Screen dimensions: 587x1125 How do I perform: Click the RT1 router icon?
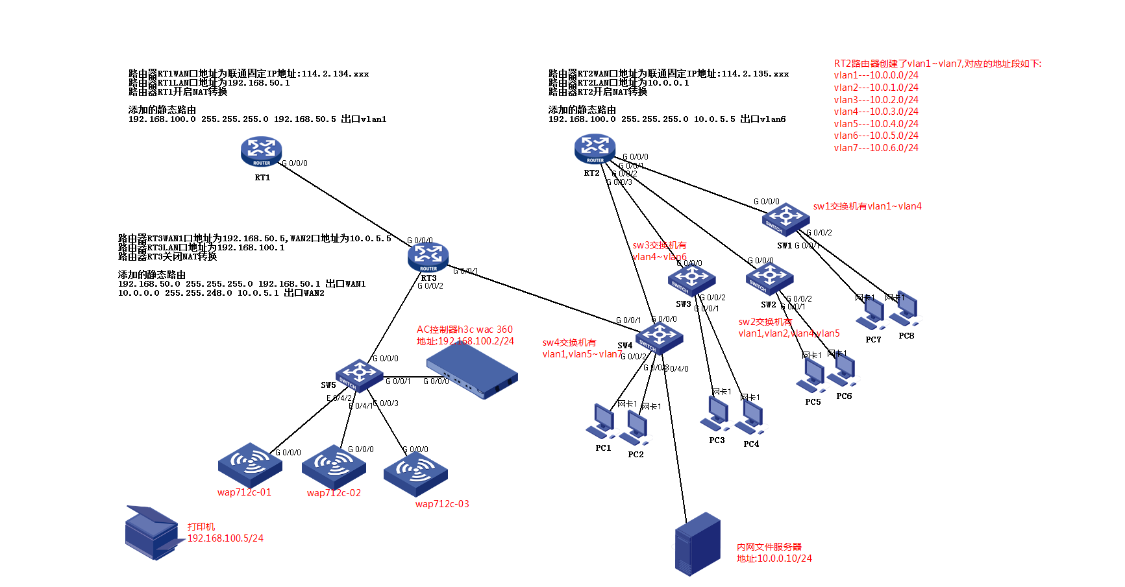[x=261, y=152]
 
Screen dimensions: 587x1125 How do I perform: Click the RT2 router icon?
[x=595, y=149]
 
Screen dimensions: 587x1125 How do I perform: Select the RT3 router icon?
[x=428, y=257]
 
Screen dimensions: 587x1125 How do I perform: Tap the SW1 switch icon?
[x=785, y=219]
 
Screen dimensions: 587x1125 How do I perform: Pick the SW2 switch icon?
[x=769, y=279]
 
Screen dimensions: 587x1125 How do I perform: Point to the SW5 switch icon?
[x=359, y=375]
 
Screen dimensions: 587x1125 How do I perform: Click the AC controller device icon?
[x=472, y=370]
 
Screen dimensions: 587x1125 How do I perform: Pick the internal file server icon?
[x=697, y=544]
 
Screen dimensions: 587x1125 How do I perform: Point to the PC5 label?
[x=813, y=402]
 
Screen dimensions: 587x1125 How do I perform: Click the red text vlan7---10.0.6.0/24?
[x=876, y=148]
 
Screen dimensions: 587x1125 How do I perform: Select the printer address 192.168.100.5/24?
[x=225, y=538]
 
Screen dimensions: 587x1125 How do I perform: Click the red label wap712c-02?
[x=334, y=493]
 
